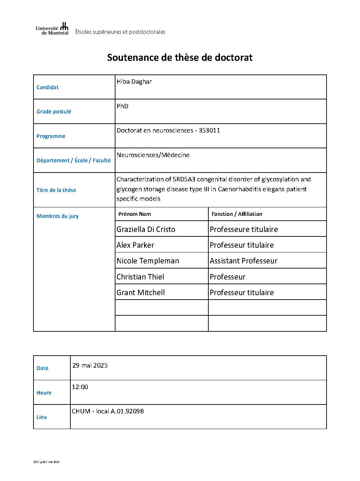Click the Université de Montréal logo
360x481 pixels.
[x=52, y=29]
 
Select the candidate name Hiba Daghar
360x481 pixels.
[x=134, y=82]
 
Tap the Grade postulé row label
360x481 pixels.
[x=54, y=112]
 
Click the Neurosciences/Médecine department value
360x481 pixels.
[x=153, y=155]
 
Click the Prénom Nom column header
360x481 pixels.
[x=135, y=214]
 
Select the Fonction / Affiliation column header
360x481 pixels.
[x=237, y=214]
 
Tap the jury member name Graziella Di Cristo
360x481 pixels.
[x=146, y=230]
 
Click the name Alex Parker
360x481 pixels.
[x=135, y=245]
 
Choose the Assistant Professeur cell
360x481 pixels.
[x=243, y=261]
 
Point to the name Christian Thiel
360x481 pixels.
[x=140, y=277]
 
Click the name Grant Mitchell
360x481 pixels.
[x=140, y=293]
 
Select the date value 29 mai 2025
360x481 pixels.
[x=90, y=366]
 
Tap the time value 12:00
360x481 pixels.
[x=80, y=387]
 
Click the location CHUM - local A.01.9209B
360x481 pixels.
[x=108, y=411]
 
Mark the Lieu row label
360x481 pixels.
[x=42, y=417]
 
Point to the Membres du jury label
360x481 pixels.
[x=57, y=216]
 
